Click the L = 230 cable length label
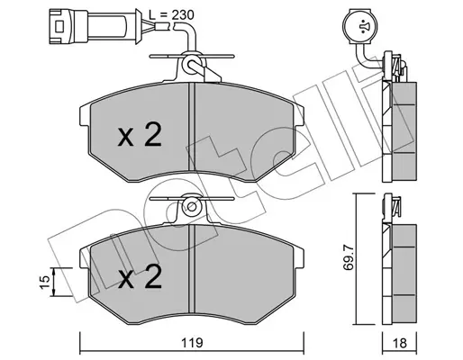pyautogui.click(x=172, y=14)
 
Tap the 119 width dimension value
pyautogui.click(x=191, y=343)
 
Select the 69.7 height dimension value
pyautogui.click(x=349, y=259)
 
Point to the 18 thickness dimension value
pyautogui.click(x=399, y=343)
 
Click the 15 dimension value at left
pyautogui.click(x=44, y=282)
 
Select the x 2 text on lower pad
pyautogui.click(x=140, y=276)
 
